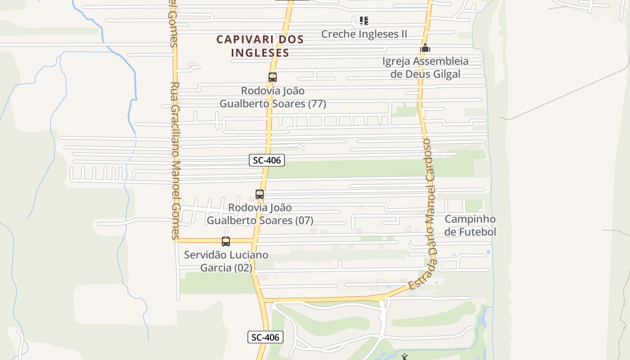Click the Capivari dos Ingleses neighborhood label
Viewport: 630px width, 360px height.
[260, 46]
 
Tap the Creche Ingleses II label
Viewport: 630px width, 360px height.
[364, 34]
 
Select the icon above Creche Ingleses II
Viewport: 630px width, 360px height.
[364, 21]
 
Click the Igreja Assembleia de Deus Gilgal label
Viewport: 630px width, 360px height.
[425, 67]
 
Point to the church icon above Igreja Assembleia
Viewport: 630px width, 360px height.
[425, 48]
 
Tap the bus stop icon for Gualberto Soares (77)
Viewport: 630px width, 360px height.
[273, 77]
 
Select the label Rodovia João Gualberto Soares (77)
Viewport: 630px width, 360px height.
[273, 97]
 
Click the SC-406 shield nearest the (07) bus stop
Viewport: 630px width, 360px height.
[267, 160]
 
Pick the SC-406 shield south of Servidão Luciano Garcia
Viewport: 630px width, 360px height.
[265, 337]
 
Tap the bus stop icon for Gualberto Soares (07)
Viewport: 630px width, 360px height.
[260, 194]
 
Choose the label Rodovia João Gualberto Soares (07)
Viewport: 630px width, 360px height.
[260, 214]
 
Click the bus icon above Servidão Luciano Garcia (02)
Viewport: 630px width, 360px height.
[226, 242]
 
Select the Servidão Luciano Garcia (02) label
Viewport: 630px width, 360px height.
[226, 261]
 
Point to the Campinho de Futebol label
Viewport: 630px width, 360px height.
[470, 225]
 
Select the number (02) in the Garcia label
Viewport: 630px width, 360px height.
[243, 268]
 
